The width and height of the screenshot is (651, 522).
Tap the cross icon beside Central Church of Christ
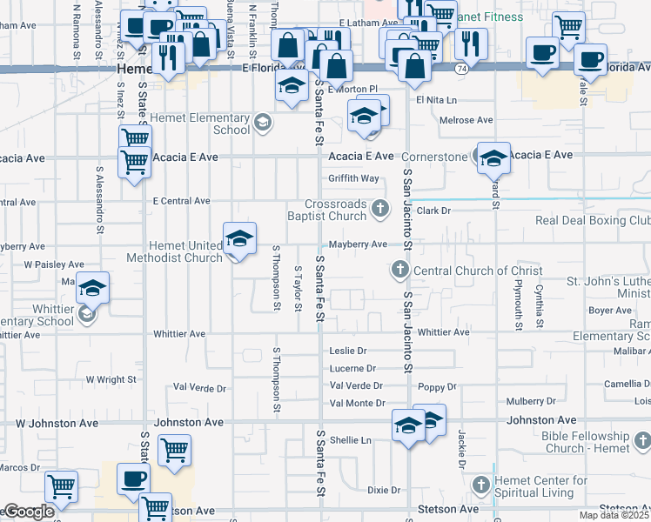point(400,271)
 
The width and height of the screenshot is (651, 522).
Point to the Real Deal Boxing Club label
point(592,221)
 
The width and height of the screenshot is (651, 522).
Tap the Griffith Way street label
point(353,178)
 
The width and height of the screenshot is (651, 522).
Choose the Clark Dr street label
point(433,211)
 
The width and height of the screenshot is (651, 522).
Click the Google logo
point(28,512)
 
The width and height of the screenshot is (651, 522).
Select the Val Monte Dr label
point(358,403)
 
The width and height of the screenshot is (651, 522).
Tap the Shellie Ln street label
point(350,440)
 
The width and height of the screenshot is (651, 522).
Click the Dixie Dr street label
point(383,490)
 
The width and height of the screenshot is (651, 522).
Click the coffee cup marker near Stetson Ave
point(133,479)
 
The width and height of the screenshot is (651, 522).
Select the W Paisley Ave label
point(54,264)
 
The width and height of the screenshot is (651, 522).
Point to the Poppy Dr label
point(437,386)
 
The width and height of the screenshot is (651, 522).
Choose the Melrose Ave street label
point(466,120)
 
